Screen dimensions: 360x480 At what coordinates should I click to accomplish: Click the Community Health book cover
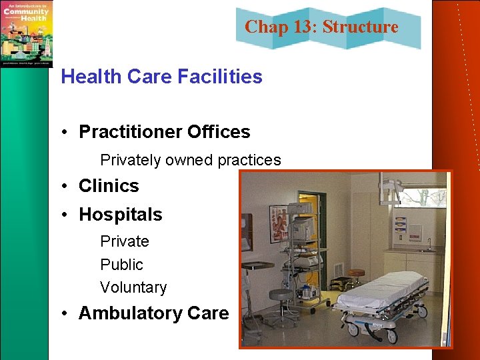click(x=26, y=33)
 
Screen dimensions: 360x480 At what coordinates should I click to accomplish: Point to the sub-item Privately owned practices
click(x=190, y=160)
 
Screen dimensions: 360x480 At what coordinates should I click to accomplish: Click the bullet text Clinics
click(x=109, y=186)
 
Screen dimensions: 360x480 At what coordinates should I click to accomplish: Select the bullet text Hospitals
click(x=120, y=215)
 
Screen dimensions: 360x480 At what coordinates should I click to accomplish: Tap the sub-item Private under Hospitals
click(x=124, y=241)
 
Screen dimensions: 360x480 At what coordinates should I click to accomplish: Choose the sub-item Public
click(x=121, y=265)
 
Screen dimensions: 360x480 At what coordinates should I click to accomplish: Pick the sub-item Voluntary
click(x=133, y=287)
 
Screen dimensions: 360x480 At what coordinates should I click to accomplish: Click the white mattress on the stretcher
click(x=383, y=290)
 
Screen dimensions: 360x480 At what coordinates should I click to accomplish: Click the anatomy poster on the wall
click(x=279, y=223)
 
